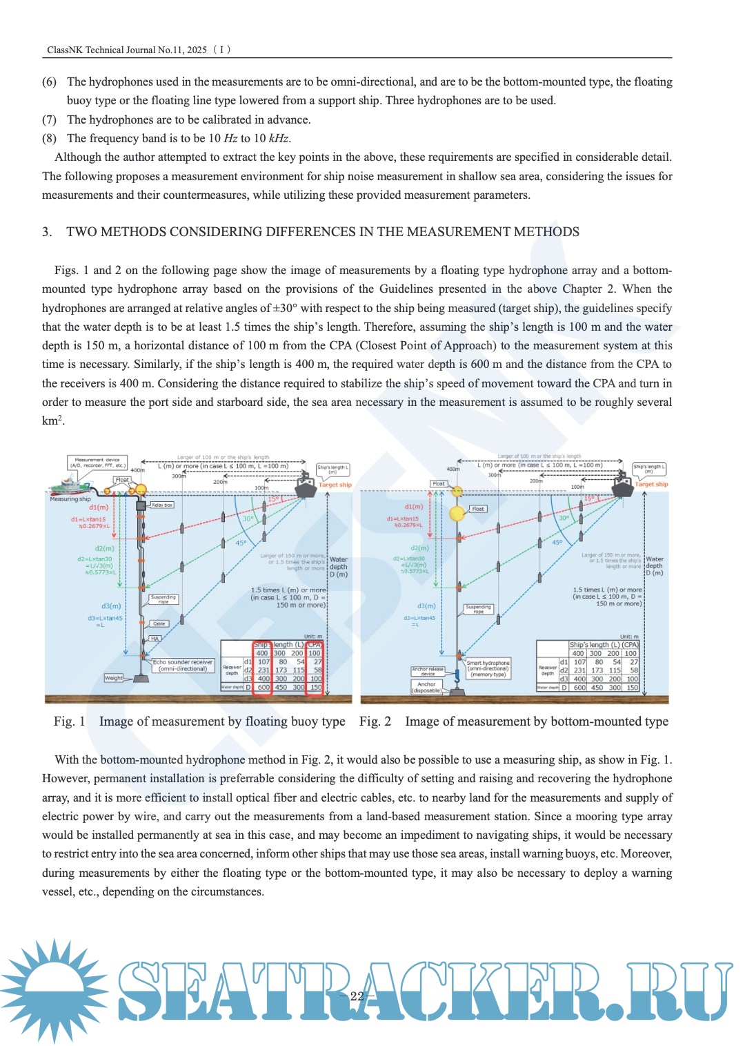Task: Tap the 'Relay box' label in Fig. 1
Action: pyautogui.click(x=162, y=505)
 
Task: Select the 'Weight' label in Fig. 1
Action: pyautogui.click(x=114, y=678)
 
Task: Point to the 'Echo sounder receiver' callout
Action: pyautogui.click(x=183, y=666)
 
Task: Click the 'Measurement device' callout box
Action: pyautogui.click(x=97, y=463)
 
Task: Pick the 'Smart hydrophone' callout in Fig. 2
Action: pyautogui.click(x=488, y=668)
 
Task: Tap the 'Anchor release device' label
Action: pyautogui.click(x=428, y=671)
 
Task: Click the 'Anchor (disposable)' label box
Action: pyautogui.click(x=426, y=687)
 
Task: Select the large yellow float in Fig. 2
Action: pyautogui.click(x=457, y=514)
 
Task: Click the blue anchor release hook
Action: pyautogui.click(x=456, y=677)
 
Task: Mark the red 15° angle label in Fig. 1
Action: pyautogui.click(x=273, y=498)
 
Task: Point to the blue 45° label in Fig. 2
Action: pyautogui.click(x=557, y=543)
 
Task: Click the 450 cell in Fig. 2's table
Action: pyautogui.click(x=596, y=688)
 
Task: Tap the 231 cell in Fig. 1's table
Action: pyautogui.click(x=264, y=670)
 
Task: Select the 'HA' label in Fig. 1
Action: pyautogui.click(x=155, y=639)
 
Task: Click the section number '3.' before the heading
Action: pyautogui.click(x=47, y=232)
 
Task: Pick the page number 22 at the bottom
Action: pyautogui.click(x=357, y=996)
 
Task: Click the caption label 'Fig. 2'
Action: pyautogui.click(x=375, y=721)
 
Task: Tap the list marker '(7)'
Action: pyautogui.click(x=49, y=119)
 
